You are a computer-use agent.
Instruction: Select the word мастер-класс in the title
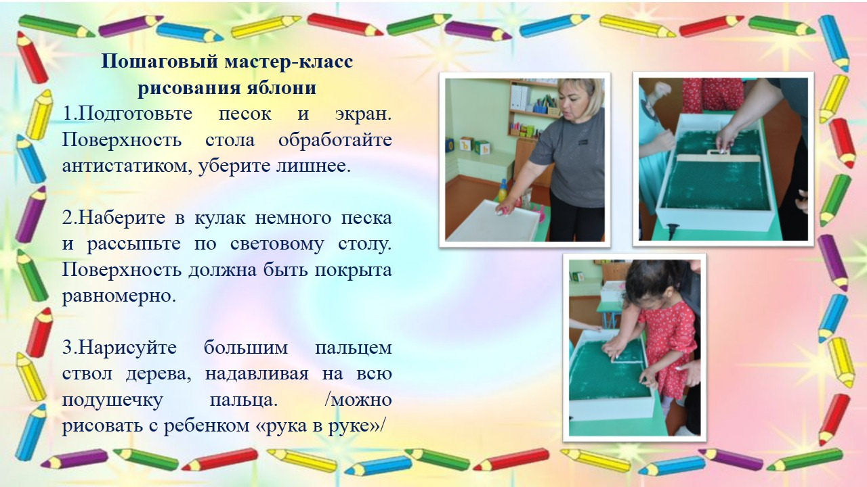[x=289, y=62]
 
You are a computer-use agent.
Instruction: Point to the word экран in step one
[x=364, y=114]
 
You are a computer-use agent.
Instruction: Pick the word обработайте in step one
[x=335, y=140]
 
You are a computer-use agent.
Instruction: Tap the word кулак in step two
[x=220, y=218]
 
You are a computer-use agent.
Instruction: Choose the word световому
[x=277, y=245]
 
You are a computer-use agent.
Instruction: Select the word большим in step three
[x=246, y=348]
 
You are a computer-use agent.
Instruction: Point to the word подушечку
[x=112, y=400]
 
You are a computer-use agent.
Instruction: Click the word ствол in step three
[x=87, y=374]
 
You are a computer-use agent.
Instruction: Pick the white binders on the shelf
[x=520, y=97]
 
